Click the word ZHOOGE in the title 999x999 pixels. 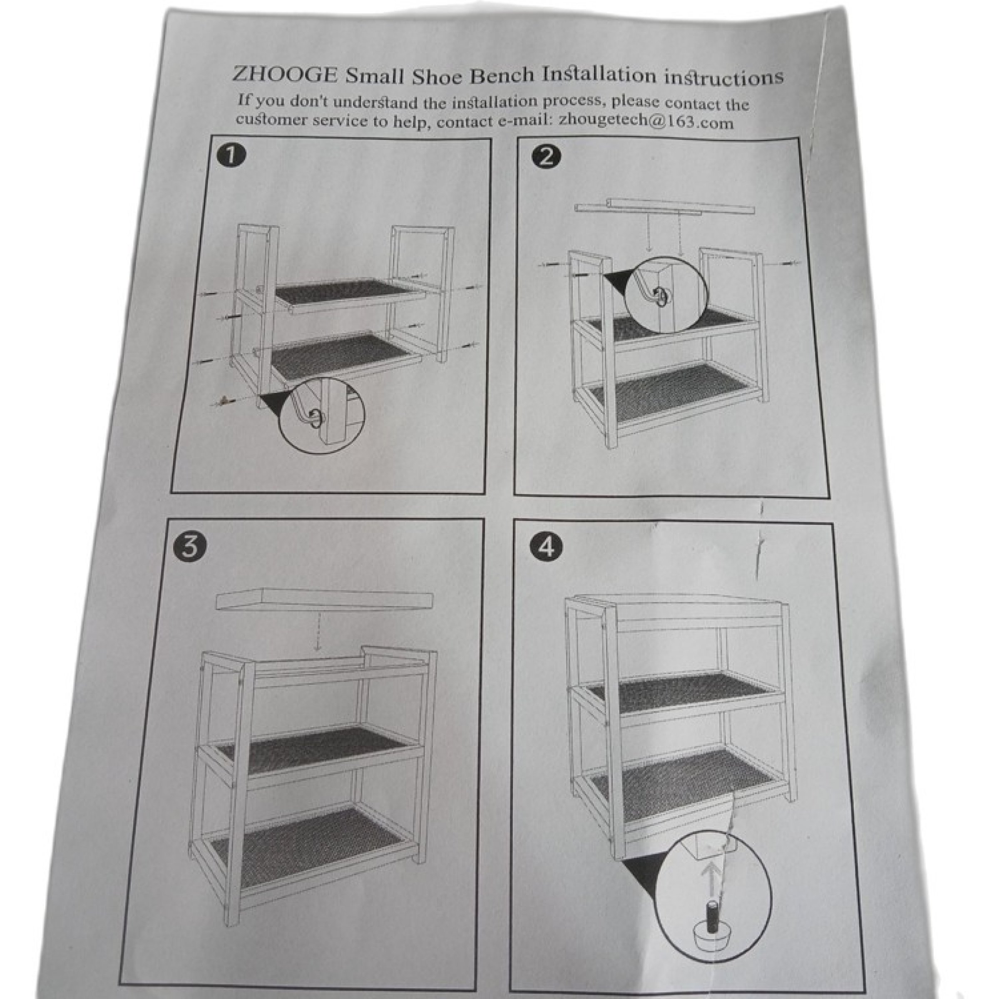tap(285, 74)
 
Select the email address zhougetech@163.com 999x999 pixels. tap(645, 122)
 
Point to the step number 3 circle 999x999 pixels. tap(191, 547)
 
